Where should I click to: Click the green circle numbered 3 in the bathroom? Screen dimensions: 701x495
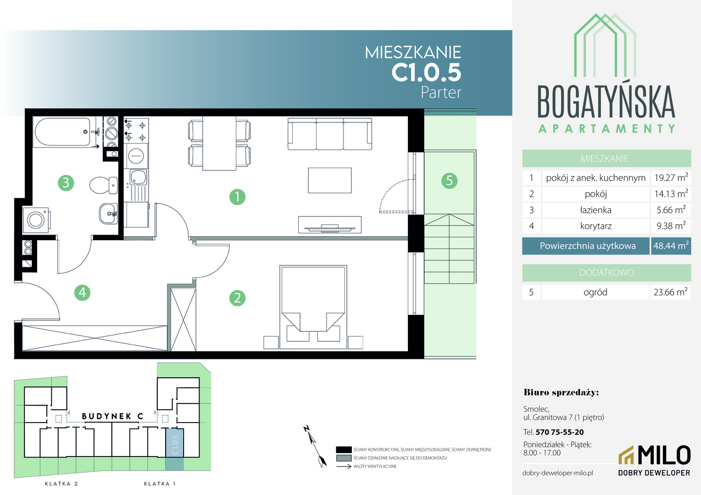66,182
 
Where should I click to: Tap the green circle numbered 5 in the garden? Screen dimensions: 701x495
450,181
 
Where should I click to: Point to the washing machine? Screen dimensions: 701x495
36,220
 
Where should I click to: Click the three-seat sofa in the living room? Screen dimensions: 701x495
330,134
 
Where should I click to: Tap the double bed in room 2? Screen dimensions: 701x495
313,307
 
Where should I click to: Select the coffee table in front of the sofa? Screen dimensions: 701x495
330,181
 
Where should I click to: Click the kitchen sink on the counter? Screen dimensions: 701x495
138,177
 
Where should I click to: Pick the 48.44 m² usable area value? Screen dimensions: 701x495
671,246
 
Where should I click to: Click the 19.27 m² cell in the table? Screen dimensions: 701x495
671,178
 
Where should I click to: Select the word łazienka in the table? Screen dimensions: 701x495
595,210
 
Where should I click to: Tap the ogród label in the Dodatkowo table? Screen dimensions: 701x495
595,292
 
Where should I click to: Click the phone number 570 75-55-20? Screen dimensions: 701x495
560,432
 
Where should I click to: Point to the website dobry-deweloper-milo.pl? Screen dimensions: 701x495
558,473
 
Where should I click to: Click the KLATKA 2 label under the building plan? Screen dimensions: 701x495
61,484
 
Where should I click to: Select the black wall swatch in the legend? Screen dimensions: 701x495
344,450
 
